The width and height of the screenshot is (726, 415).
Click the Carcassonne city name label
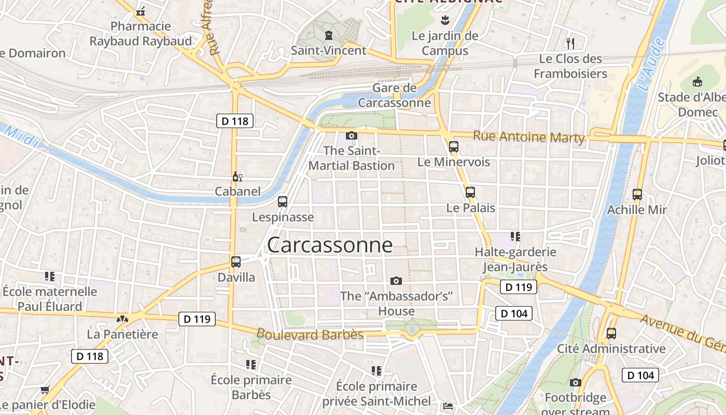(x=330, y=245)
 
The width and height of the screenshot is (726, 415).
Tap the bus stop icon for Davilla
(x=236, y=261)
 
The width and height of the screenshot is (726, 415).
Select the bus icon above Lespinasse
(x=283, y=201)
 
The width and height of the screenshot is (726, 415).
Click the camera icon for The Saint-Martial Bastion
(x=351, y=136)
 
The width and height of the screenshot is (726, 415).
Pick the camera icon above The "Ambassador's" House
(x=396, y=281)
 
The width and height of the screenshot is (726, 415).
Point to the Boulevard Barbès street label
(x=310, y=335)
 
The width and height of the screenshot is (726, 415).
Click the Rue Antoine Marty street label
(x=529, y=137)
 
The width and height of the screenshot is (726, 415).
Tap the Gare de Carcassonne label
(x=395, y=95)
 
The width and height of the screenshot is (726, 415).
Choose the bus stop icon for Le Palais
(x=470, y=192)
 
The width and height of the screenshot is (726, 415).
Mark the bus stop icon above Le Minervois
(x=454, y=147)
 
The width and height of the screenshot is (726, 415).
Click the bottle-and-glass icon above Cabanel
(x=238, y=177)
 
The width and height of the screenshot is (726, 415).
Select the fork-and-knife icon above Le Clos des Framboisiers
(x=570, y=43)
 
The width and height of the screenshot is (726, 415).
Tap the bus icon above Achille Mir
(x=637, y=195)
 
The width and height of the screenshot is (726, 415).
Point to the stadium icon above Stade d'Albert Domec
(x=698, y=82)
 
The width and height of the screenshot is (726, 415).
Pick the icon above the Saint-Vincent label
(x=328, y=35)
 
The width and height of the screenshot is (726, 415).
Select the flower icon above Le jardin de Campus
(x=444, y=21)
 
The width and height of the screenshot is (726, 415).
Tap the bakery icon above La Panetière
(x=122, y=319)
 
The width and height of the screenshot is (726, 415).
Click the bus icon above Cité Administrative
(x=611, y=334)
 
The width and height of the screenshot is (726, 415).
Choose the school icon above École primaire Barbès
(x=251, y=365)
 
